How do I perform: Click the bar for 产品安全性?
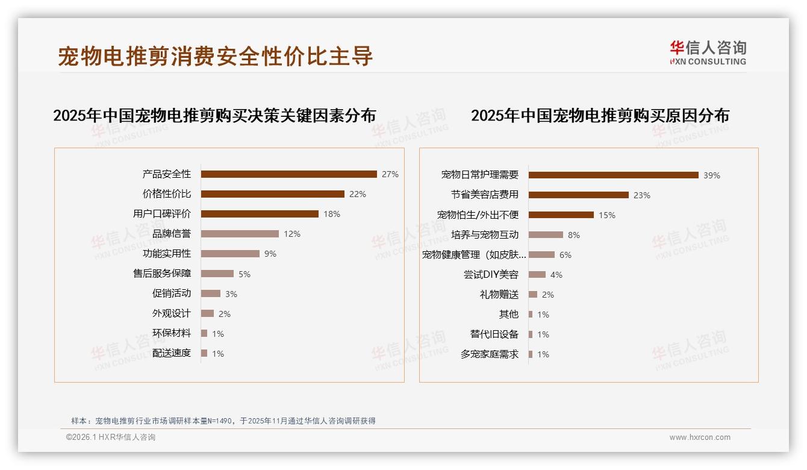[288, 174]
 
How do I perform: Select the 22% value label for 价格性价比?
[358, 194]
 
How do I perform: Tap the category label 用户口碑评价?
[161, 214]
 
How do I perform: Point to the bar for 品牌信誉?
[240, 234]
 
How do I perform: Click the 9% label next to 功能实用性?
[270, 254]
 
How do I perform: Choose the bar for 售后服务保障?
[217, 274]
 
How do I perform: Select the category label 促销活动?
[171, 293]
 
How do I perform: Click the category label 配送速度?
[171, 353]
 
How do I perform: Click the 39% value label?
[712, 175]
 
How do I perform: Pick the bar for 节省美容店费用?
[578, 195]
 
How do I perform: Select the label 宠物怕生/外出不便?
[478, 215]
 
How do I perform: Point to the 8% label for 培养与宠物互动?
[574, 235]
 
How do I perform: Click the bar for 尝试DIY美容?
[537, 275]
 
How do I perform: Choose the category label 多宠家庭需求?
[489, 354]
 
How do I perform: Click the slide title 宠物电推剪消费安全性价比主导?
[216, 56]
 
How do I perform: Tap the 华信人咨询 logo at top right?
[708, 52]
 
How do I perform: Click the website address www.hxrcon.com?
[700, 437]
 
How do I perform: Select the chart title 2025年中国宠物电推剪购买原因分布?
[600, 115]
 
